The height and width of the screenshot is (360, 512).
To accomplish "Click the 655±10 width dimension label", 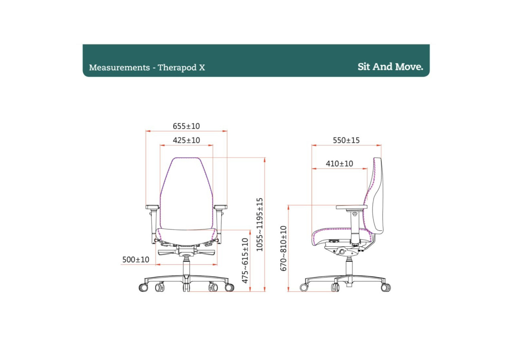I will coord(186,126).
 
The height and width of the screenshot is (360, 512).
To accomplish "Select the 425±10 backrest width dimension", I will coord(186,140).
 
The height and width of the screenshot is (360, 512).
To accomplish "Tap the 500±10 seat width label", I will coord(136,260).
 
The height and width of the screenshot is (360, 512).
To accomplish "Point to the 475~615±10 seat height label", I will coord(246,260).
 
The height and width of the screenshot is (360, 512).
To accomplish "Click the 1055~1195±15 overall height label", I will coord(260,224).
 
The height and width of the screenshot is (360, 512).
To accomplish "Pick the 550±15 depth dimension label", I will coord(346,140).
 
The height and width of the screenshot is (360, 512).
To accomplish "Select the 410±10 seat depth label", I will coord(339,164).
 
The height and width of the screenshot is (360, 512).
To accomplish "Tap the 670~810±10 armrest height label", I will coord(284,248).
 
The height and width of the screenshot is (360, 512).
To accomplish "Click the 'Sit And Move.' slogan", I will coord(390,67).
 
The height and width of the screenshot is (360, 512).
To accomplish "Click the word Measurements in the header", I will coord(119,68).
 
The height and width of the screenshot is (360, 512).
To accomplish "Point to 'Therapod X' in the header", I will coord(181,68).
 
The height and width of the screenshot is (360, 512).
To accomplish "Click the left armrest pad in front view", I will coord(152,207).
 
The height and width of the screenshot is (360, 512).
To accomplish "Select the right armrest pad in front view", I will coord(220,207).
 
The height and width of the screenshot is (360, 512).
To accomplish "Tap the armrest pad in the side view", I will coord(352,207).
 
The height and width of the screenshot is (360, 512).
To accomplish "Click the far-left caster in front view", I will coord(143,287).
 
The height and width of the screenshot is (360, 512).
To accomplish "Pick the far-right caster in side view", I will coord(386,287).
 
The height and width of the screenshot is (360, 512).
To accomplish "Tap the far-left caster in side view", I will coord(304,287).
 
